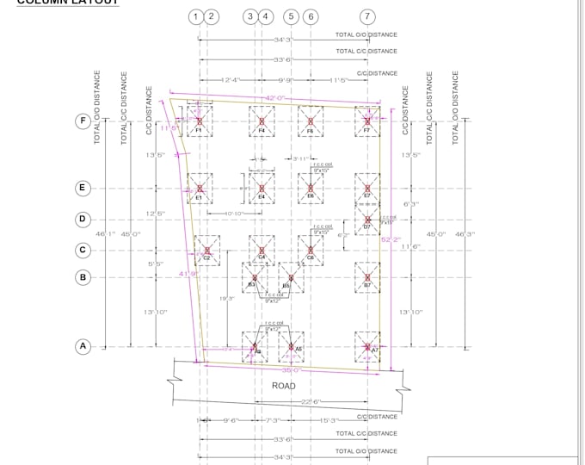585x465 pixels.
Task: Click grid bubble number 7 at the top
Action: [x=367, y=16]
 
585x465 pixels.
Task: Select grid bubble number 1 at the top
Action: [x=198, y=16]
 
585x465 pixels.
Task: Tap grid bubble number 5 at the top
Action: [x=291, y=16]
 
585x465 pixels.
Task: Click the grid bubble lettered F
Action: [x=83, y=121]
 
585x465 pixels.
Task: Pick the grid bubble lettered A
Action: [x=83, y=347]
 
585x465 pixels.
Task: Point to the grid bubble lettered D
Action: [x=83, y=219]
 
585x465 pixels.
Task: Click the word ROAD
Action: [x=284, y=386]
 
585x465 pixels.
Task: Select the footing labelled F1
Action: [x=199, y=122]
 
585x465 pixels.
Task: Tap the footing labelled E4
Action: [x=262, y=188]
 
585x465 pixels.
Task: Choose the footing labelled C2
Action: [x=206, y=249]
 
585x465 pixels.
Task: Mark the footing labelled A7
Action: [x=367, y=343]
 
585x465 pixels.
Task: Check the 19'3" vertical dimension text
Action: [x=227, y=298]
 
